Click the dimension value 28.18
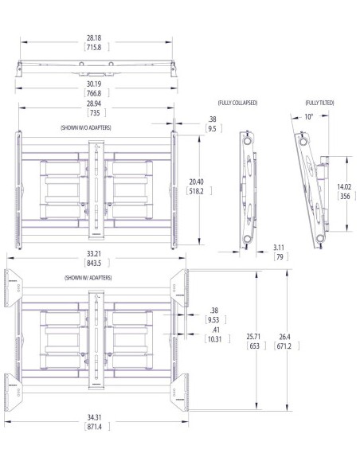(x=95, y=37)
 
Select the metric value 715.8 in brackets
(x=95, y=47)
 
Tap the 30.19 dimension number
(x=95, y=82)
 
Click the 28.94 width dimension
(x=95, y=104)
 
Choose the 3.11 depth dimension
(x=280, y=248)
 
